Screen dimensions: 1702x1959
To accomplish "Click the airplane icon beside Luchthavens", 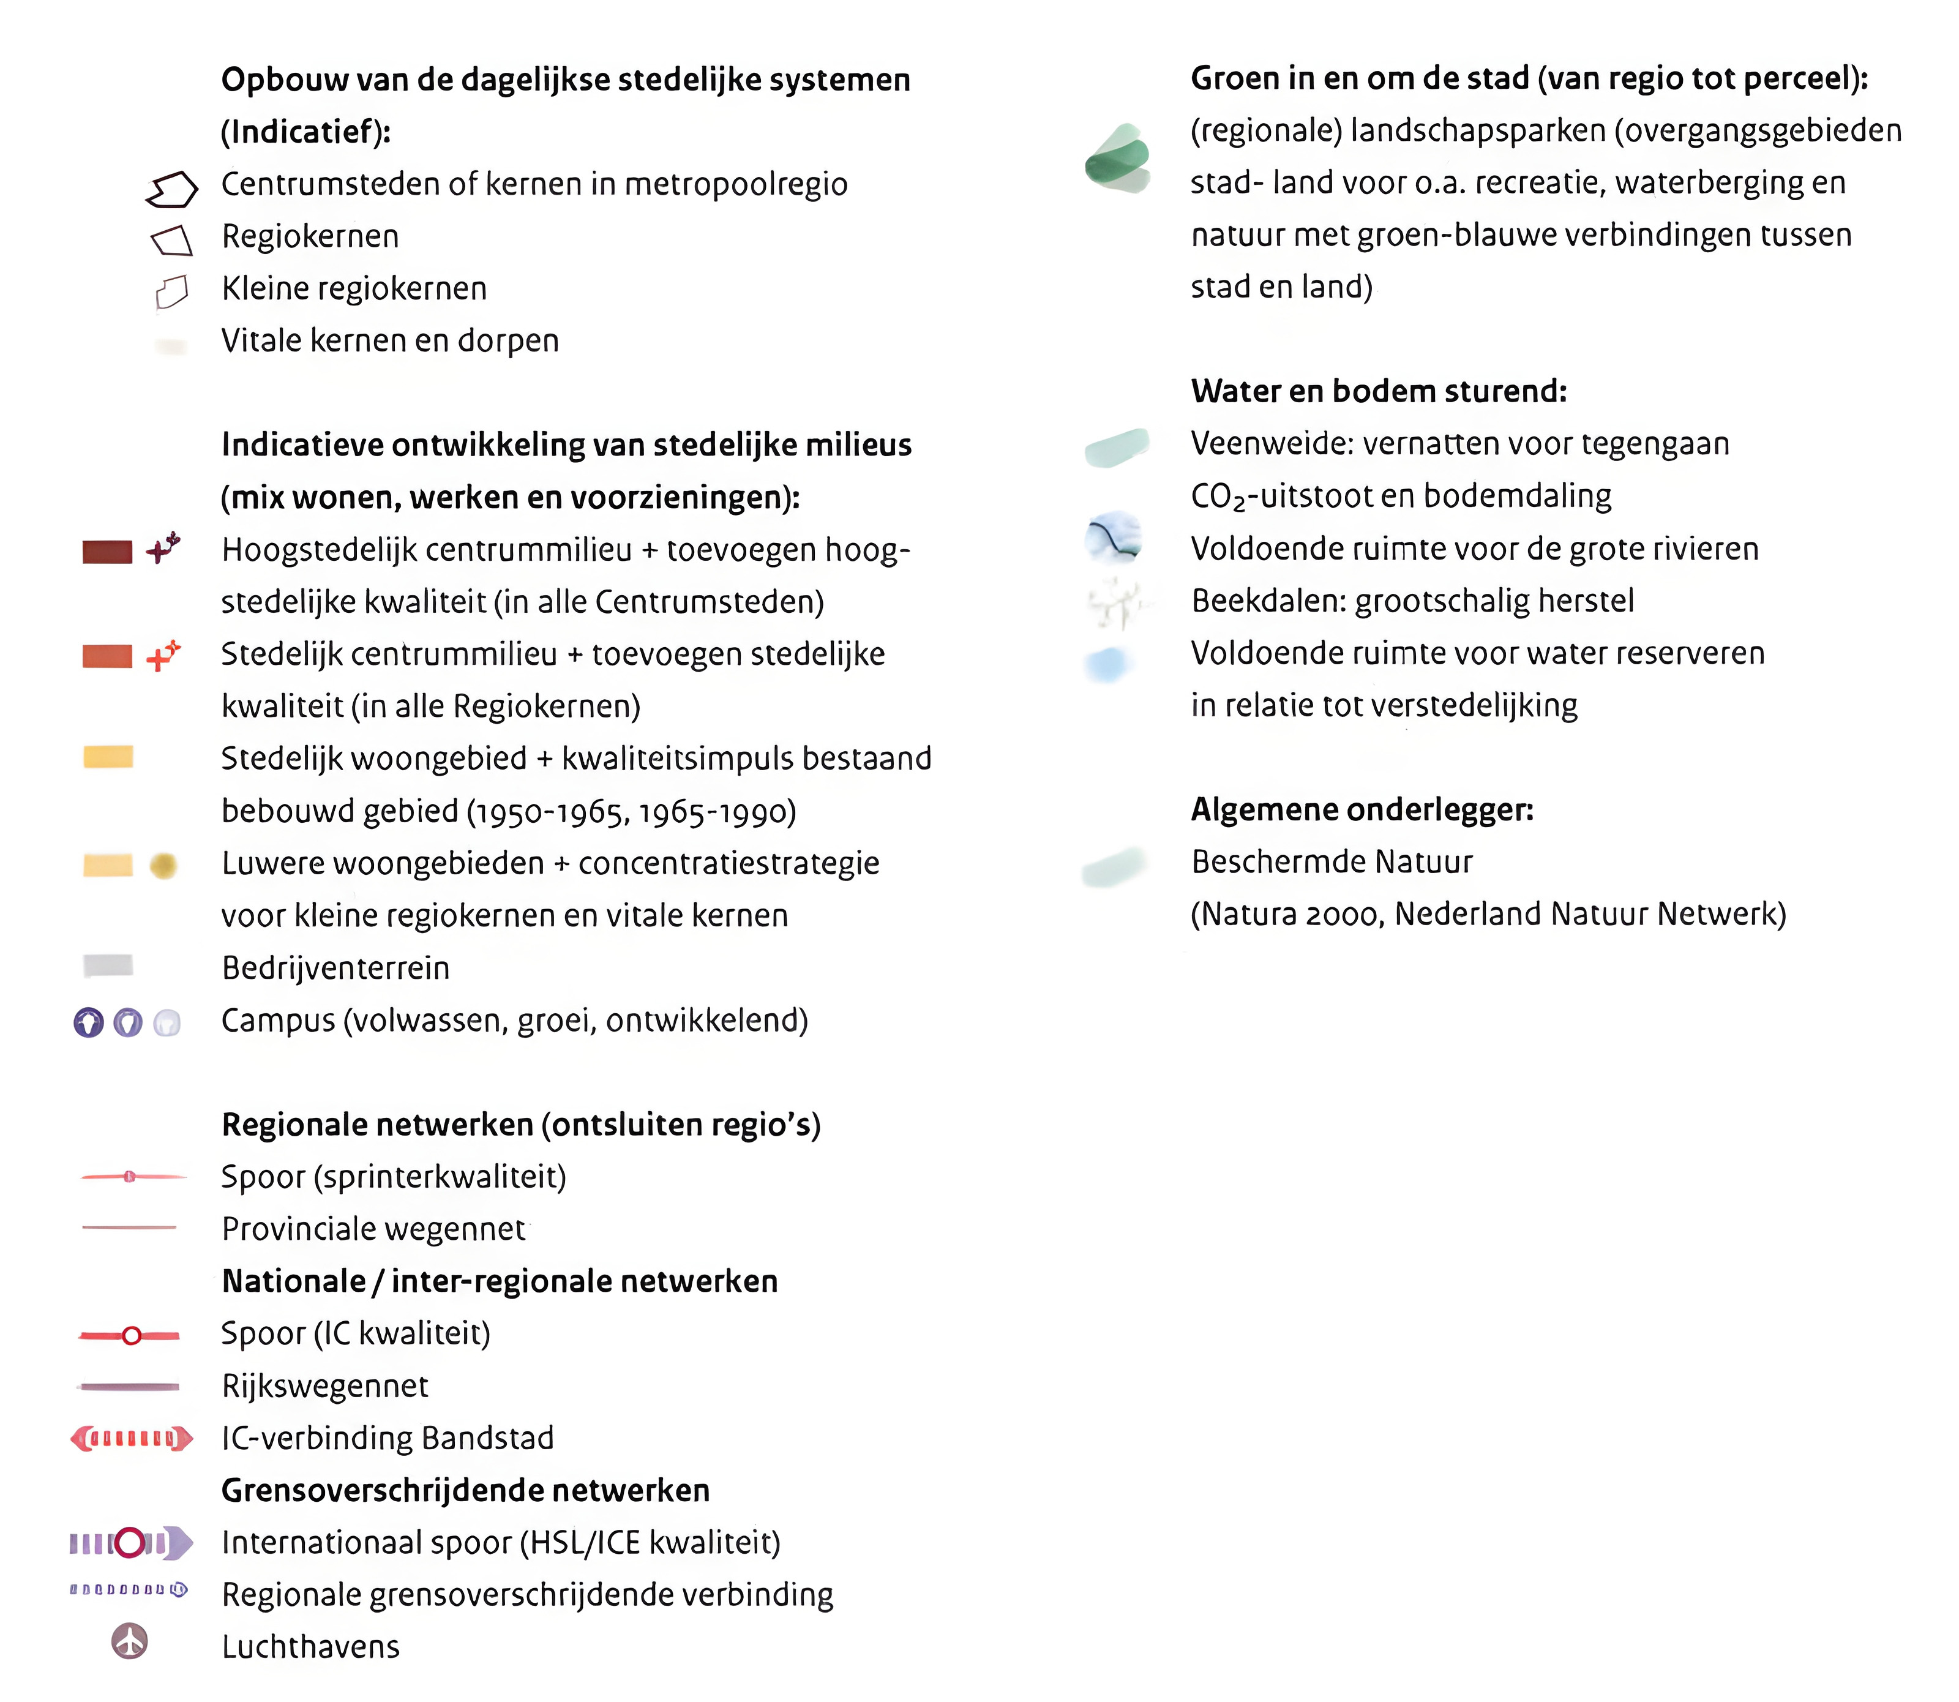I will [x=130, y=1640].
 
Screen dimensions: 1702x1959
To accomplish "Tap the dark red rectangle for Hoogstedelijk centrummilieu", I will [x=107, y=552].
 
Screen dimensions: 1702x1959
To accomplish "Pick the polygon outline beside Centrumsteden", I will [x=172, y=189].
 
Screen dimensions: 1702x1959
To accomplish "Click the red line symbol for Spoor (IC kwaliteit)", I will [x=130, y=1335].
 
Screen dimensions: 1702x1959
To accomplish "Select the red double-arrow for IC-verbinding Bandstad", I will [x=131, y=1438].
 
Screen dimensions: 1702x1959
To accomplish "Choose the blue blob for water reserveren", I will [x=1107, y=664].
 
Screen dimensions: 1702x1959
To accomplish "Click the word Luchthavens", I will [x=310, y=1646].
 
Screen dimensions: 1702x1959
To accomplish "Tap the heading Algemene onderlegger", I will [x=1362, y=809].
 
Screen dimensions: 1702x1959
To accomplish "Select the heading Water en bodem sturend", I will [x=1378, y=391].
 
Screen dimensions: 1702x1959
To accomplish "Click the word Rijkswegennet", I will [x=324, y=1385].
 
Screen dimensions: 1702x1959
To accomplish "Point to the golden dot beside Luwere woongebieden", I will [x=163, y=865].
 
